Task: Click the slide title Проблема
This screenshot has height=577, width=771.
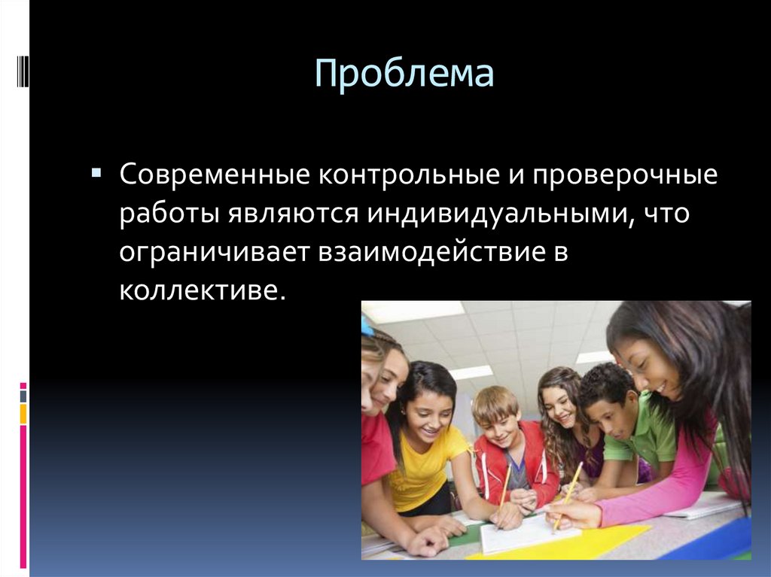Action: pyautogui.click(x=404, y=75)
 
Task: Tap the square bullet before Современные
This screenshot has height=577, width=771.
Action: pyautogui.click(x=96, y=173)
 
